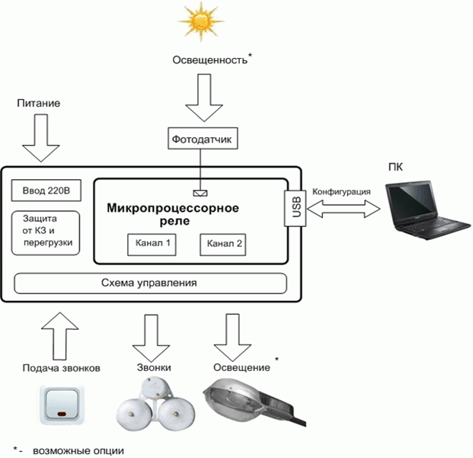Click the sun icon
[200, 21]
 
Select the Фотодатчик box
[203, 139]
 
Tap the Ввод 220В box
[46, 191]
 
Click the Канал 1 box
[152, 245]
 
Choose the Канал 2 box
[223, 245]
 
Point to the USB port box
[296, 209]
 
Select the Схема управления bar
[150, 283]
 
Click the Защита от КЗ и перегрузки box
[46, 233]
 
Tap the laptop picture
[427, 210]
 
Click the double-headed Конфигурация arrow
[344, 209]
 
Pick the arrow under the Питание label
[40, 138]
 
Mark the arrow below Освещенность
[204, 98]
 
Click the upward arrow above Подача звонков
[59, 336]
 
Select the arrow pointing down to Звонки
[151, 338]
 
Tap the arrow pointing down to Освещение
[232, 338]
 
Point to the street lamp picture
[254, 403]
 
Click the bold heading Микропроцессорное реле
[173, 214]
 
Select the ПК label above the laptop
[395, 167]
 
